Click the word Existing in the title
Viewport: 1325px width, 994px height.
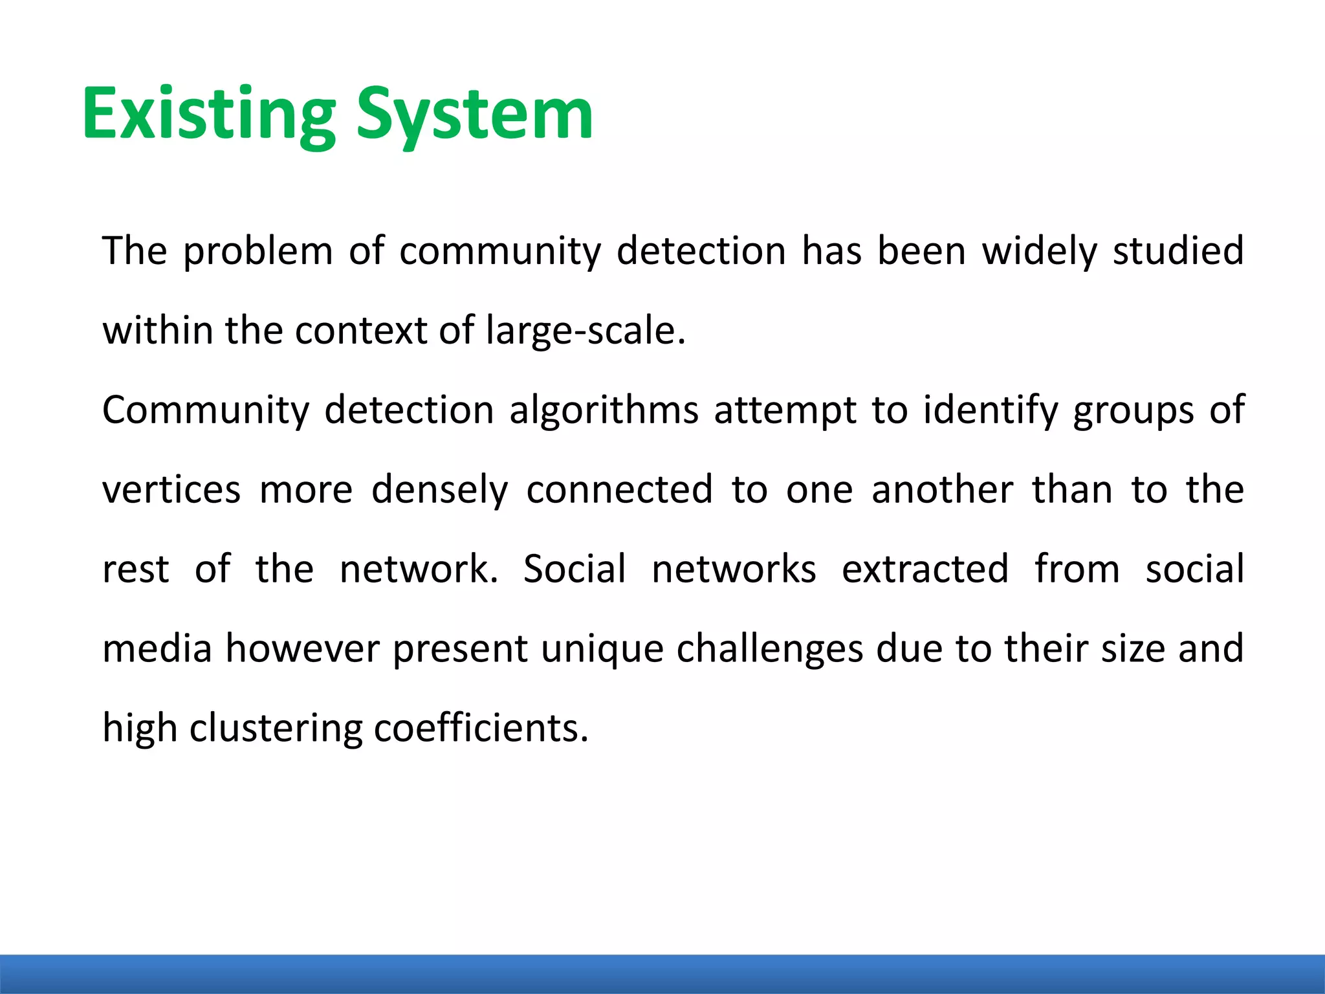[208, 114]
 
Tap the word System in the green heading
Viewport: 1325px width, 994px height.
[474, 114]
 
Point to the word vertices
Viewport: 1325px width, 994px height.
[171, 490]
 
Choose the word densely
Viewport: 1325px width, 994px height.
[439, 490]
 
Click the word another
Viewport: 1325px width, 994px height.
[942, 490]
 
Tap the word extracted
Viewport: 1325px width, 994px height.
[925, 569]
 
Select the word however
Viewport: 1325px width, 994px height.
[302, 649]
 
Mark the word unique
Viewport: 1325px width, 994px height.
[602, 649]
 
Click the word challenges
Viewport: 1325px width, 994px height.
[770, 649]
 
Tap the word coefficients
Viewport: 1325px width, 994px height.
[481, 729]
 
